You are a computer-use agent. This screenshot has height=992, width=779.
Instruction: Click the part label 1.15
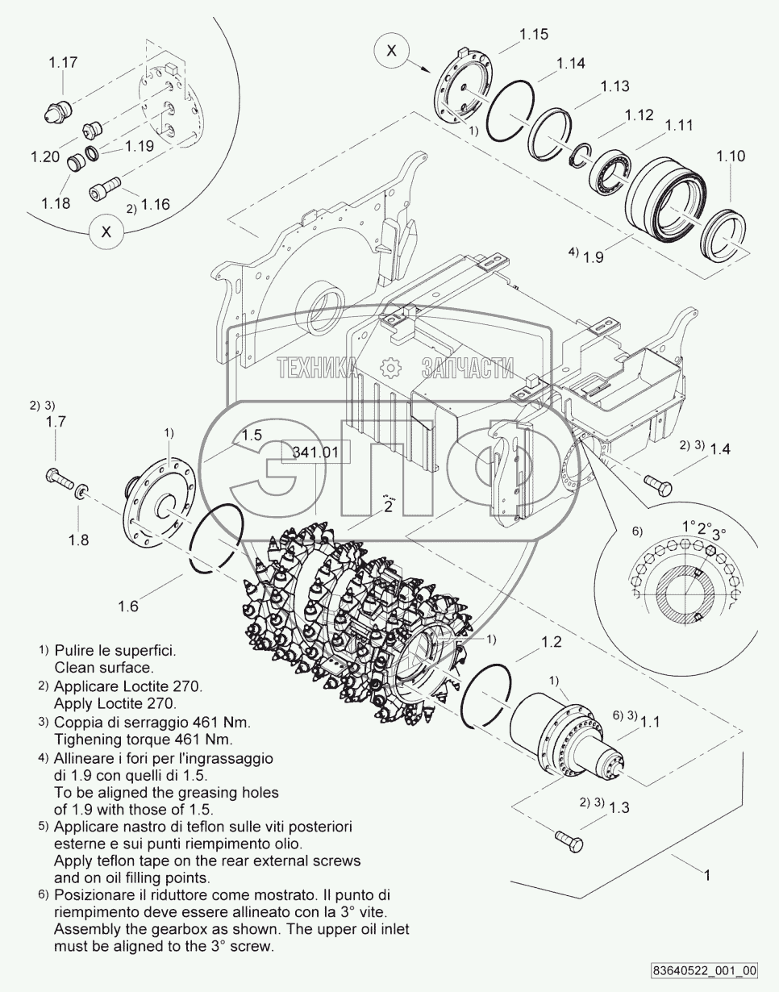[534, 34]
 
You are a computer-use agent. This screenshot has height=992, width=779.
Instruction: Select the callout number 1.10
[731, 156]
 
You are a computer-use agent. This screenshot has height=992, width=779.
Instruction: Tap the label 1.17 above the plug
[63, 62]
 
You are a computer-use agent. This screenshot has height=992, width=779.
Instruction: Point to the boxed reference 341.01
[315, 452]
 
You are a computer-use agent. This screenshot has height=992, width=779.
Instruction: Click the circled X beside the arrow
[392, 51]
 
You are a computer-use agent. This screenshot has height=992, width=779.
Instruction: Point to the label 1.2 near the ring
[551, 643]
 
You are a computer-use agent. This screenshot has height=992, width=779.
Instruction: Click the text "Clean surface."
[103, 668]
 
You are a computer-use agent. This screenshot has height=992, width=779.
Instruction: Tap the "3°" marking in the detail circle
[719, 533]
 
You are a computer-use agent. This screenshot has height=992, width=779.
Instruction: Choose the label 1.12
[639, 115]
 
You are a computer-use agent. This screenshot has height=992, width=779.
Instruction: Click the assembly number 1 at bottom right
[707, 874]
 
